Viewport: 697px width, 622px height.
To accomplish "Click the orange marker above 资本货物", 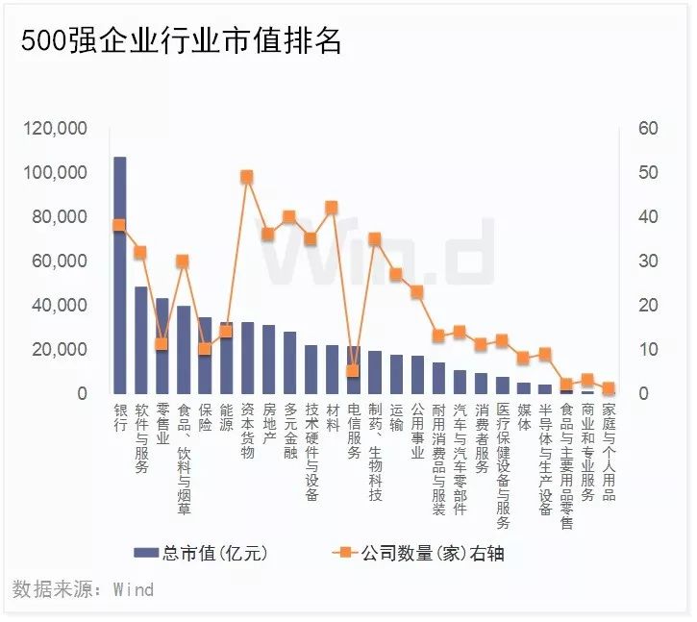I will pos(246,177).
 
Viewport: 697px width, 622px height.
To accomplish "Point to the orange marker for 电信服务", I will pos(352,370).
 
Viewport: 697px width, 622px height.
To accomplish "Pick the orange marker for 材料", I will pos(332,207).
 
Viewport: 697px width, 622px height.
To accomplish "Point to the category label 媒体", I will pos(523,418).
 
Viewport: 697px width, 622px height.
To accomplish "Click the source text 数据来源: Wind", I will pos(84,588).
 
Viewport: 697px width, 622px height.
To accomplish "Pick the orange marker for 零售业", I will pos(162,343).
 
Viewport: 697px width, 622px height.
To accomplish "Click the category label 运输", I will pos(395,418).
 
